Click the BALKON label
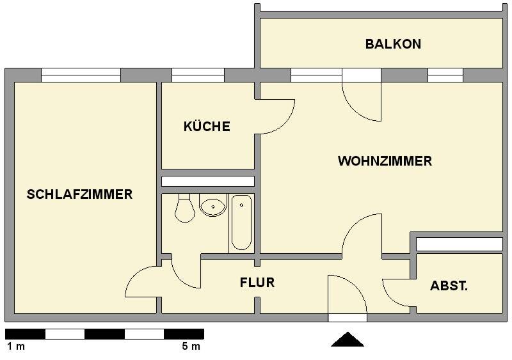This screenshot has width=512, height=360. (393, 44)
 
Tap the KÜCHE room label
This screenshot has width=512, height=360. (207, 127)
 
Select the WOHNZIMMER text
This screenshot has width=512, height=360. (385, 161)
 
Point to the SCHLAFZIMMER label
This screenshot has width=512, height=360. (79, 194)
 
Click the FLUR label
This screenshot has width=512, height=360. (257, 283)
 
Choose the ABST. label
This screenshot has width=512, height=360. (449, 286)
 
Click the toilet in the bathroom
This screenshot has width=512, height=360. (184, 208)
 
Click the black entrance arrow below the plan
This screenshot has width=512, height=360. (348, 340)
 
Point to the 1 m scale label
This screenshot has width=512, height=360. (15, 347)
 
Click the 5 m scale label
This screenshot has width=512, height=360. (191, 347)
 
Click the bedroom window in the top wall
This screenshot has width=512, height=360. (81, 75)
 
